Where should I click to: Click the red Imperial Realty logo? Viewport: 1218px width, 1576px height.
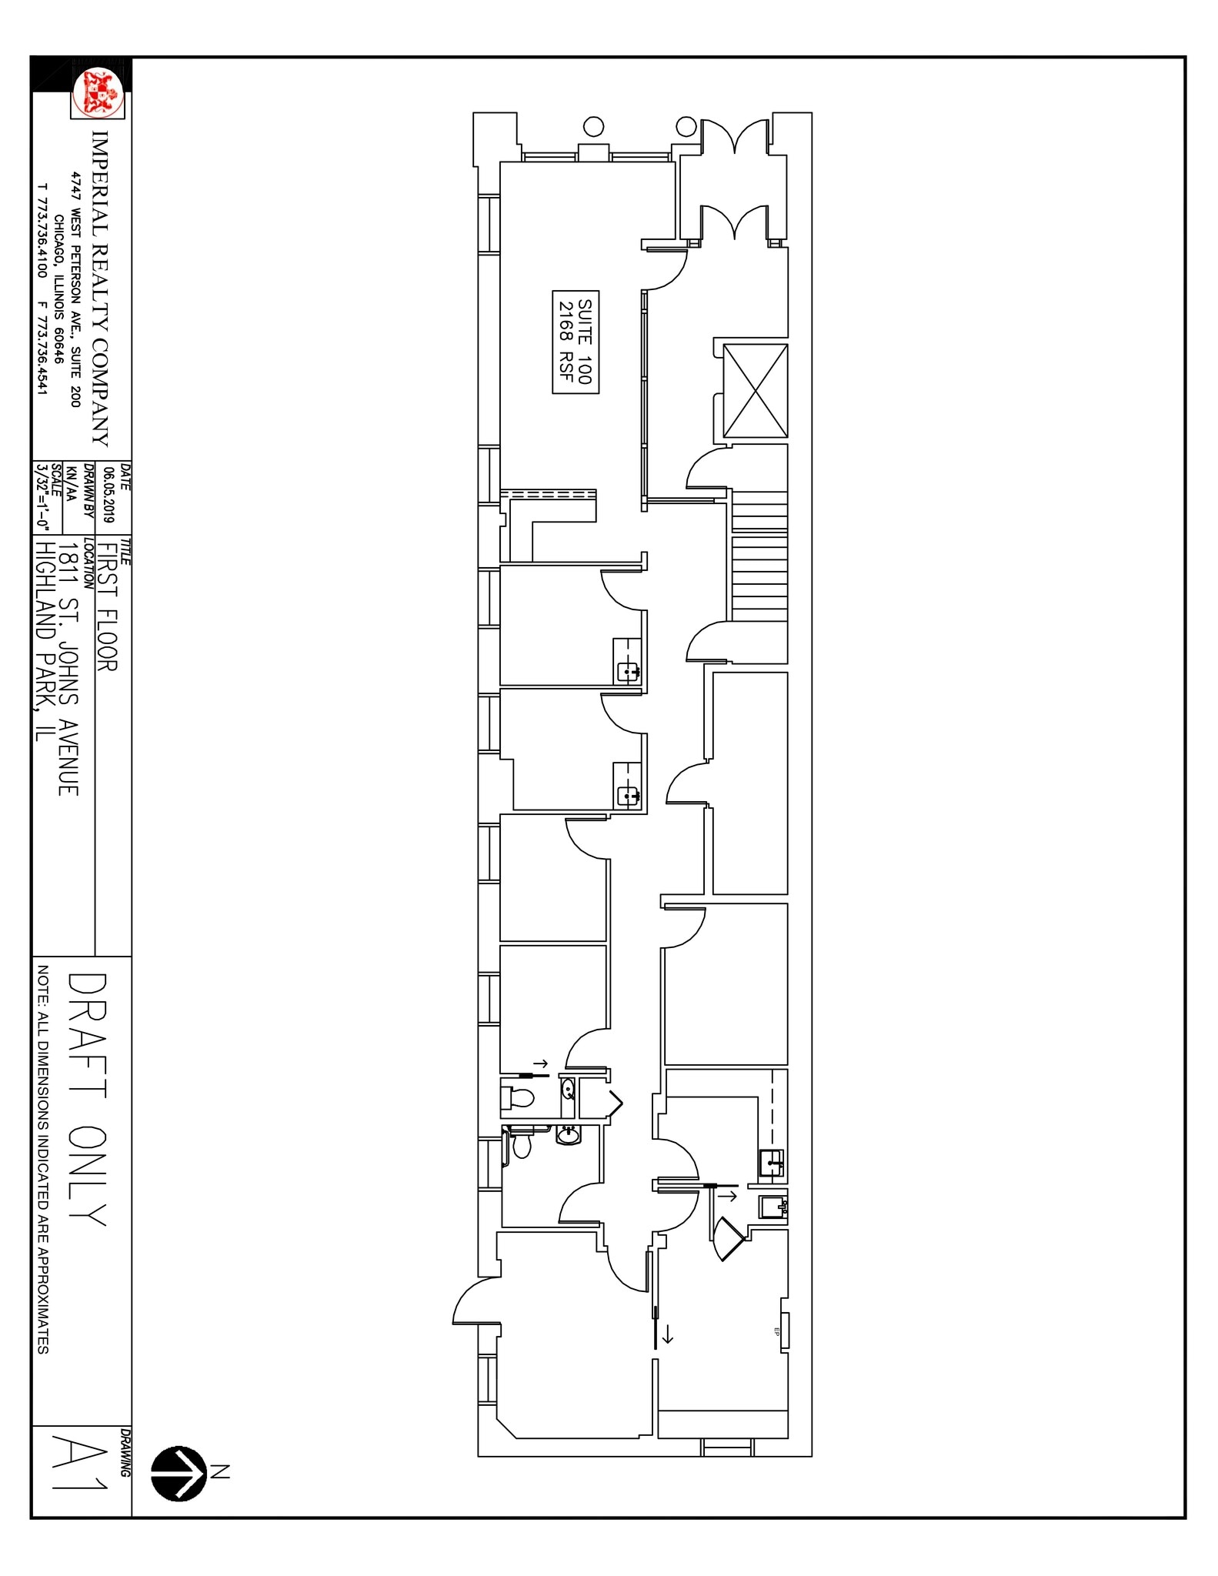[x=98, y=92]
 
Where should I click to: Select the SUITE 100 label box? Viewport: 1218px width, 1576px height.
[x=576, y=342]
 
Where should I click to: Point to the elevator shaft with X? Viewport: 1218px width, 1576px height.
[x=755, y=390]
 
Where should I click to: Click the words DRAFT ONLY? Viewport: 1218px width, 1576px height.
[x=86, y=1100]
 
